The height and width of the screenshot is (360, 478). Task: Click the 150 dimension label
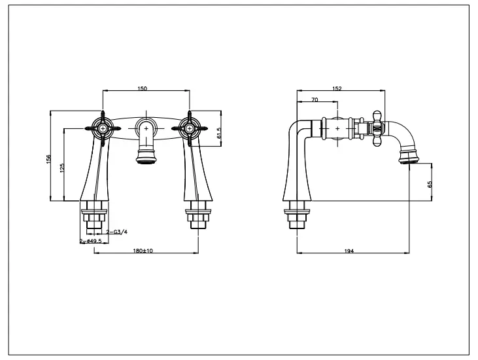click(143, 89)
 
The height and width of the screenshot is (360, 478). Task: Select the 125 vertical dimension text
click(61, 168)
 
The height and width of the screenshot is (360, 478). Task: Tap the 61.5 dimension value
click(220, 133)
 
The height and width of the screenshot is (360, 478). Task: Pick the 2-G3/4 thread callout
click(116, 232)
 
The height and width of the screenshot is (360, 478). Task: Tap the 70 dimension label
click(315, 99)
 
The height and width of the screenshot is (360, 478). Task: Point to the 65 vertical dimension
click(430, 184)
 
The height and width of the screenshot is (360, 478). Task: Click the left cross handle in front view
click(103, 128)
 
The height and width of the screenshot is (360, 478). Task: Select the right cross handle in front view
click(190, 128)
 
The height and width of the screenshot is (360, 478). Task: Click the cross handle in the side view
click(377, 128)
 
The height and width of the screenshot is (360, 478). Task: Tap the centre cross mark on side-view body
click(337, 128)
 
